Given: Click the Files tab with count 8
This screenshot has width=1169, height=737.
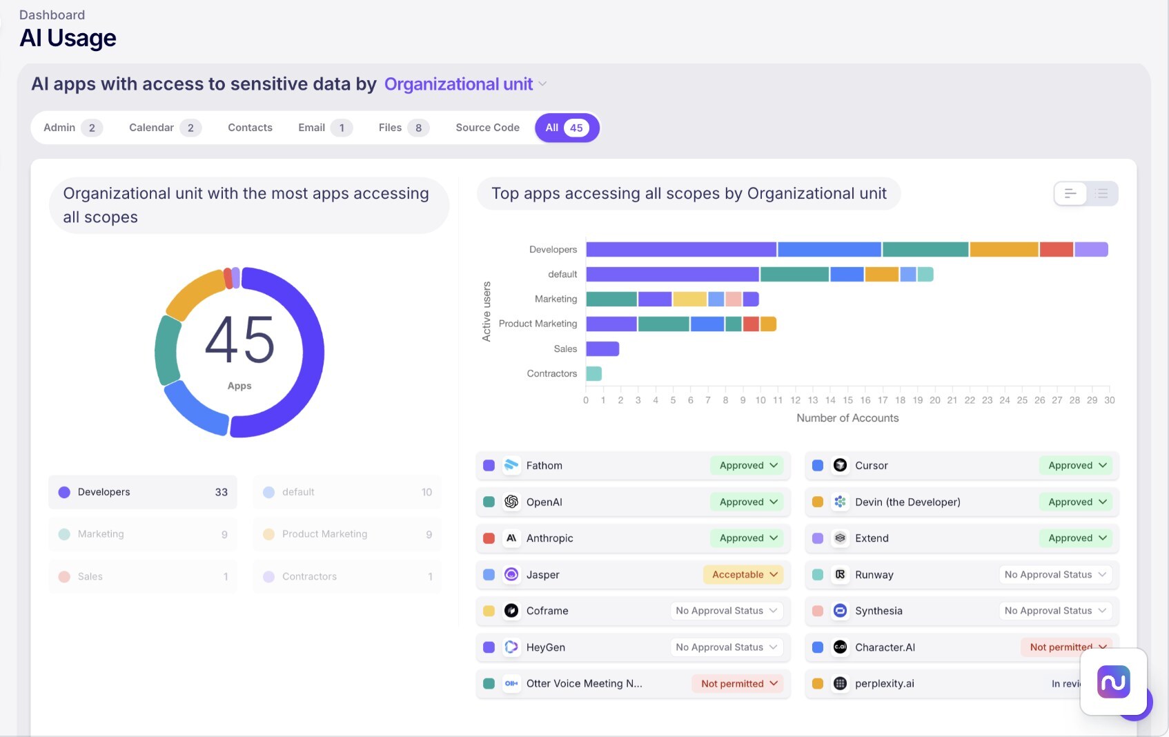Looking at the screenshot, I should point(403,128).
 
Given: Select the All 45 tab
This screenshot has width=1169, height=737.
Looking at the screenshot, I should point(566,128).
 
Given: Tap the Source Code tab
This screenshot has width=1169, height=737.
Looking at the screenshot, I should point(487,128).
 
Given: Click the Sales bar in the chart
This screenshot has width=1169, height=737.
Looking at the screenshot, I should point(602,348).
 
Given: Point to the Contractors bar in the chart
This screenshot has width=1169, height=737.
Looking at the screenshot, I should point(593,373).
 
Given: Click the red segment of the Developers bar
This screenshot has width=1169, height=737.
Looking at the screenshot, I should point(1056,249).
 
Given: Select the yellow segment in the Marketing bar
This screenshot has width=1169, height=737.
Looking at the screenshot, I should point(689,299).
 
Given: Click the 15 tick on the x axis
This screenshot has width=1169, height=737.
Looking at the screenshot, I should point(847,400).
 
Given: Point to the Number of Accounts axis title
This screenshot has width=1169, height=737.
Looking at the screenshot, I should point(847,418).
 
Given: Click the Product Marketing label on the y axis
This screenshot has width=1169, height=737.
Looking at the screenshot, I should point(538,324).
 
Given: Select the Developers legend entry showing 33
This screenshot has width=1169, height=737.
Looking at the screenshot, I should point(143,492).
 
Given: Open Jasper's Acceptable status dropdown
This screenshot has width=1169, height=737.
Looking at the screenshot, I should point(744,575).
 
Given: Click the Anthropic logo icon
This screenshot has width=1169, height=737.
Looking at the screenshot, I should point(511,538).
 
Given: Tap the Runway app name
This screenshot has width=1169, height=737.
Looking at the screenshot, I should point(874,575).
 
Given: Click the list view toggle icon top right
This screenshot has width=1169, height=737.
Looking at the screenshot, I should point(1102,194).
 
